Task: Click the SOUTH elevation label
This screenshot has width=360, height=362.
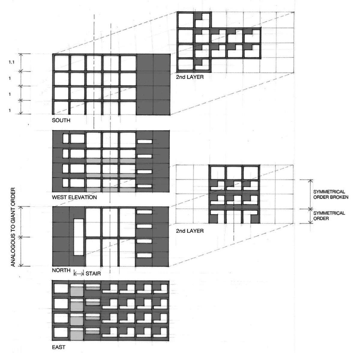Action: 61,120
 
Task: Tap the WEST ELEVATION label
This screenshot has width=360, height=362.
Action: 74,198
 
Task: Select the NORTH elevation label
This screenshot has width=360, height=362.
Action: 61,270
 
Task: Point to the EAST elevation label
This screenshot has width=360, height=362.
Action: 58,347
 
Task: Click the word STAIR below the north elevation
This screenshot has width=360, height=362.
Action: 93,273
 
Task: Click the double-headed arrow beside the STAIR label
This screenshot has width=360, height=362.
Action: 79,274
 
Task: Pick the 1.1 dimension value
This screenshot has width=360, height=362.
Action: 11,62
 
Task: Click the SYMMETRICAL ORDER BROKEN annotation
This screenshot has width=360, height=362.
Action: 331,195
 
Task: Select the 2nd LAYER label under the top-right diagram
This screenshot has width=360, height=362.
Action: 190,77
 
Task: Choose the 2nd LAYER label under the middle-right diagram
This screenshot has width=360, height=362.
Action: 190,231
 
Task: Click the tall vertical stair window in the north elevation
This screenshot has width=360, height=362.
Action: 79,237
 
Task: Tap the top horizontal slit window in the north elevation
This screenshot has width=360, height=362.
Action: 144,212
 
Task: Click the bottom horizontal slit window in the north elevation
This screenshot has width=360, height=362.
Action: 144,255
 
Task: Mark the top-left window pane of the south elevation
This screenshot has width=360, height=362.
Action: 61,63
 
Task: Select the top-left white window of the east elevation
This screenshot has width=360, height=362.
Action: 61,288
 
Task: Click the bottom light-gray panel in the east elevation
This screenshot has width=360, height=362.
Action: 76,335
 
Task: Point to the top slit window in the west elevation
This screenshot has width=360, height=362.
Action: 144,141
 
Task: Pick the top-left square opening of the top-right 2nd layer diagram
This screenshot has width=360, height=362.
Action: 186,20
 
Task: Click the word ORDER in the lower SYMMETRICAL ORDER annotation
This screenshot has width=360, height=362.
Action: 321,219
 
